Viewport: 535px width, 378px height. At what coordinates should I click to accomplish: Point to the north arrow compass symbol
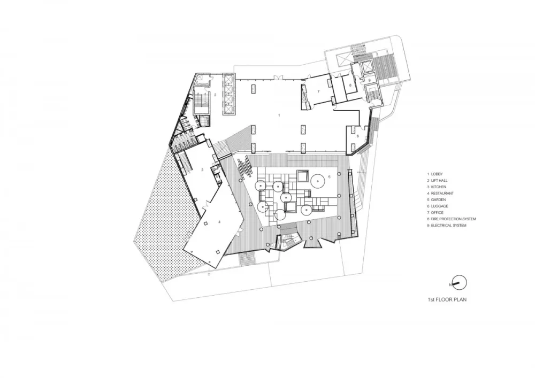459,281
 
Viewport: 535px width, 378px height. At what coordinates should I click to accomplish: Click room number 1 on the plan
279,115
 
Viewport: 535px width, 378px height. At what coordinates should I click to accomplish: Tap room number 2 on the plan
215,95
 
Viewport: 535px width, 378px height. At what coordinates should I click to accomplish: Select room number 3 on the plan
202,169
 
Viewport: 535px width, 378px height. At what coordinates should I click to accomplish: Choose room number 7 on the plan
318,92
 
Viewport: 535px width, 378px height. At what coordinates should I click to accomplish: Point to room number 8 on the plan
350,85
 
